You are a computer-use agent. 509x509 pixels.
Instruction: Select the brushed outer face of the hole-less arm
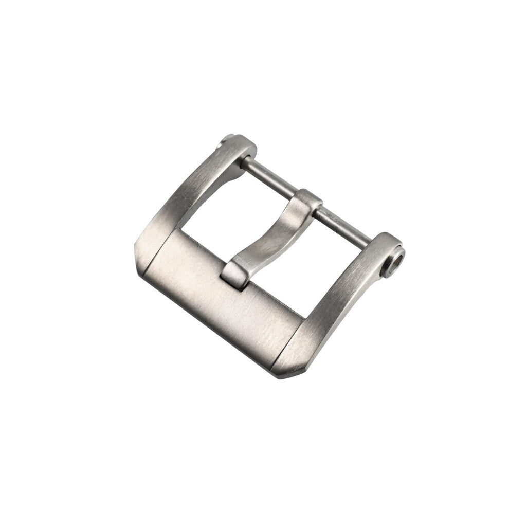[180, 195]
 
